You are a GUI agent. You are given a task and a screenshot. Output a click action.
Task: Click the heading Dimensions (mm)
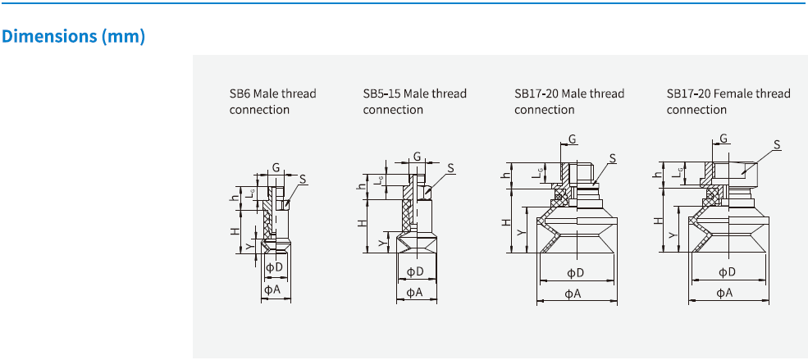click(74, 37)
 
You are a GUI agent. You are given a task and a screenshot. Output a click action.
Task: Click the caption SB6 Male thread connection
click(272, 102)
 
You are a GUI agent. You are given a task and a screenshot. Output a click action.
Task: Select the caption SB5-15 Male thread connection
click(414, 102)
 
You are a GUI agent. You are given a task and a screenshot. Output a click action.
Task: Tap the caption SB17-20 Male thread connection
click(569, 102)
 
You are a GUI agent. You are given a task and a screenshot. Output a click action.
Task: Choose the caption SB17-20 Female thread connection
click(728, 102)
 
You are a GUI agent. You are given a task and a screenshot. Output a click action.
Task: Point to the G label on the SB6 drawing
click(276, 167)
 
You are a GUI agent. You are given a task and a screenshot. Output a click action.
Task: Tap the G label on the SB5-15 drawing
click(417, 156)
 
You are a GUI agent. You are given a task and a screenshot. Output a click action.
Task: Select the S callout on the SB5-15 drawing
click(450, 168)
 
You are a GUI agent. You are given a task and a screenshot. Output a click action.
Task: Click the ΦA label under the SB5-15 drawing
click(415, 292)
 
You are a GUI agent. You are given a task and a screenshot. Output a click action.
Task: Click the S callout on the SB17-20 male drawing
click(612, 157)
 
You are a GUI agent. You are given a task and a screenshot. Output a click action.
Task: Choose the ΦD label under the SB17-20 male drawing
click(575, 272)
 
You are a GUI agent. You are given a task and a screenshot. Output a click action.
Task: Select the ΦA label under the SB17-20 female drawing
click(725, 292)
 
